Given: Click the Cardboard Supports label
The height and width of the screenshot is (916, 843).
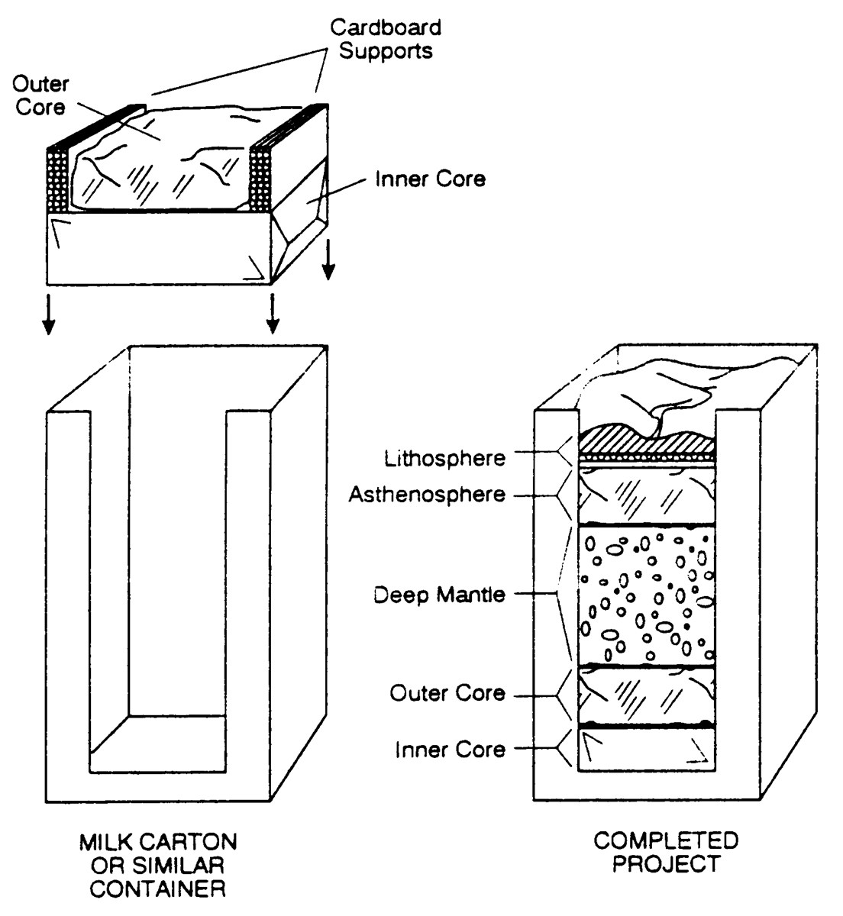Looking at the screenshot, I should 386,40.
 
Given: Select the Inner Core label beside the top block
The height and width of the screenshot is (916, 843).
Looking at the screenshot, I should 430,179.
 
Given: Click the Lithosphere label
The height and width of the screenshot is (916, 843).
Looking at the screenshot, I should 445,458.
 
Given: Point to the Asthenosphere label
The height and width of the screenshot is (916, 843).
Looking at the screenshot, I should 427,495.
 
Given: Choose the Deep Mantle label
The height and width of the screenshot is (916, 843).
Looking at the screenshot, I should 439,595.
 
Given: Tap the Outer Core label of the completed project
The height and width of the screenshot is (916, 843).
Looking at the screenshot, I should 447,693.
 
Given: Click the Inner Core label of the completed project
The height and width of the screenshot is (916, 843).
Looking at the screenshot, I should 450,750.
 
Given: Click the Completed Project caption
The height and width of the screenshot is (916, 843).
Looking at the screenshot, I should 666,853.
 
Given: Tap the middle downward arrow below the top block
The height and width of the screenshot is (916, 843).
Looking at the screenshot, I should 271,314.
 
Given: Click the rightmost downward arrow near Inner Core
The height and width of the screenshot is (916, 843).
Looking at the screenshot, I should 328,261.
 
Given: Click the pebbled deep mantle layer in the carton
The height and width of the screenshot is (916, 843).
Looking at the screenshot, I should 647,595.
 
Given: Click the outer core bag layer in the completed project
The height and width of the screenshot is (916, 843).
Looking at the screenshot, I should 647,693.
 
